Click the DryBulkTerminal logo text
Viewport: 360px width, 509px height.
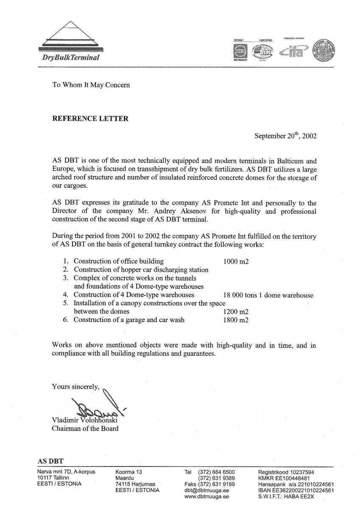71,57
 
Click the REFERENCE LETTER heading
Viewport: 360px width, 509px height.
90,119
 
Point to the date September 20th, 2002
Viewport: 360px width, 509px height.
285,136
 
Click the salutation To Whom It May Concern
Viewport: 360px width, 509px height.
91,84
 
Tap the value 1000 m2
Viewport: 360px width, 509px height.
236,261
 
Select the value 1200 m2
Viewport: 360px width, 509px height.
236,312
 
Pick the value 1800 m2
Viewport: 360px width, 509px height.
236,320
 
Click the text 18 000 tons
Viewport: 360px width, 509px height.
240,295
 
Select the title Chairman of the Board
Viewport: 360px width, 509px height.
85,428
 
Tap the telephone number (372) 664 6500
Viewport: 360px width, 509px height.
216,472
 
